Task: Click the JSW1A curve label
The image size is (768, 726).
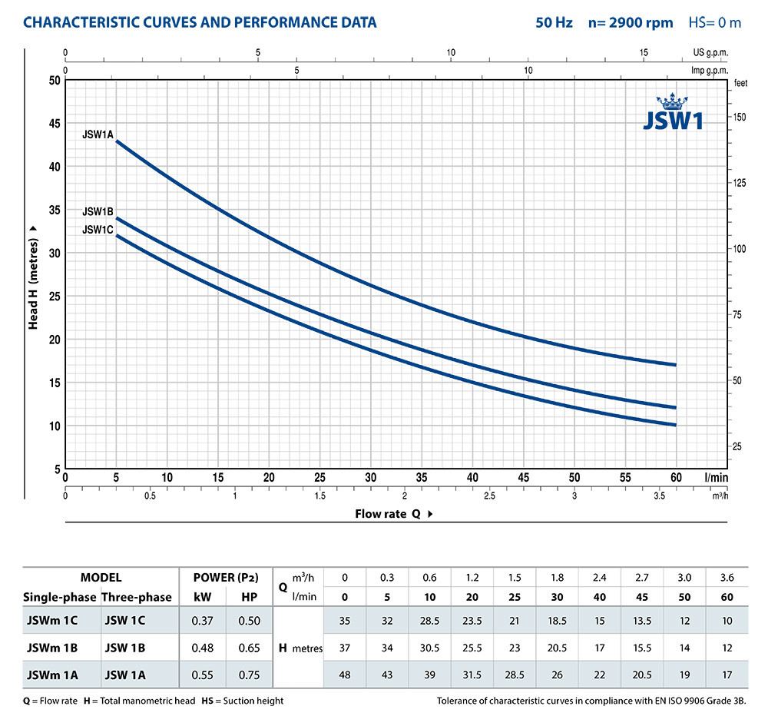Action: (98, 134)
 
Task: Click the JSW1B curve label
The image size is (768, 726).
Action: (98, 211)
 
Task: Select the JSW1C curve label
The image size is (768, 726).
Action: (98, 229)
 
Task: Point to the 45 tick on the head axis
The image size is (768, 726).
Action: (53, 123)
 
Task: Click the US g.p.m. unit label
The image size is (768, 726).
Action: (710, 53)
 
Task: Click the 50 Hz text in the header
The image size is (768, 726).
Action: (554, 22)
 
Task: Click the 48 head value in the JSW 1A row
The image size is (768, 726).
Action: (345, 675)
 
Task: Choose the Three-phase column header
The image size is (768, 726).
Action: (137, 597)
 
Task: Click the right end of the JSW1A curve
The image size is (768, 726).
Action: (675, 364)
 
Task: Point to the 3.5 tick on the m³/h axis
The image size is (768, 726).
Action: (660, 496)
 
